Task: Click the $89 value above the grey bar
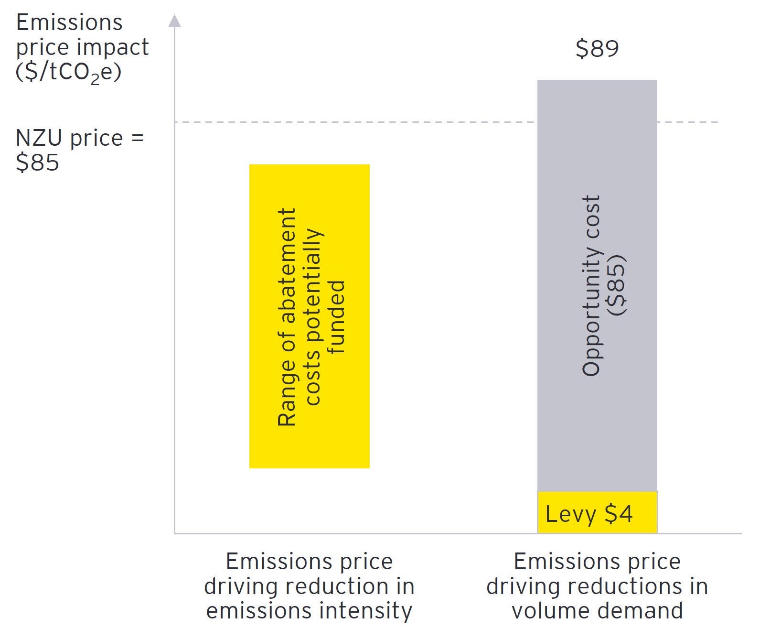tap(597, 48)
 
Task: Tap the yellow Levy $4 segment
tap(597, 512)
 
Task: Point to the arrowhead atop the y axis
tap(175, 21)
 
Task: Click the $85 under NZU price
tap(37, 162)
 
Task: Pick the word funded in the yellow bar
tap(338, 317)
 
